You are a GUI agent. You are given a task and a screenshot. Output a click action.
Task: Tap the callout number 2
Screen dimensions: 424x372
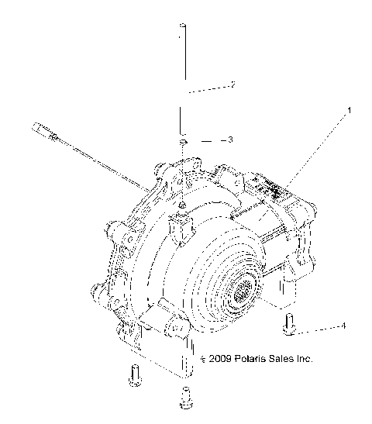pos(232,84)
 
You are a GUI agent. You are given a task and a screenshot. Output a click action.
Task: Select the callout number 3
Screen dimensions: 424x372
pos(229,140)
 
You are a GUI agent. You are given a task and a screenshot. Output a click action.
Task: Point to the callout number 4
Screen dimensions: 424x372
pos(343,326)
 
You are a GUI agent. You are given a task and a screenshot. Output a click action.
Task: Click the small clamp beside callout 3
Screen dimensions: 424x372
pos(181,142)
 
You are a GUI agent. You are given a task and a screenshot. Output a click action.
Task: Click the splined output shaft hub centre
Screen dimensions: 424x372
pos(244,293)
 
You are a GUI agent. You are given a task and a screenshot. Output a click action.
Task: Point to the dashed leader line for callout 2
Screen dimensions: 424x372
pos(207,88)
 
